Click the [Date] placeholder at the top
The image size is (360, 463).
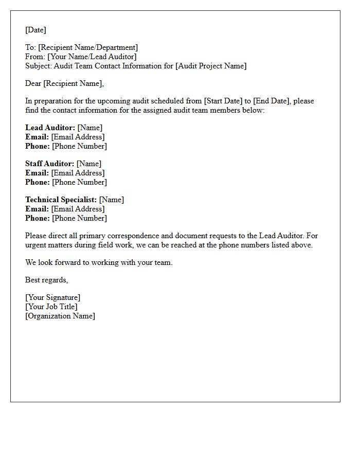(x=35, y=30)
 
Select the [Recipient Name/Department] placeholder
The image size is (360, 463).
(x=88, y=47)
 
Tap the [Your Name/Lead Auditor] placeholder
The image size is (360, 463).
(x=92, y=57)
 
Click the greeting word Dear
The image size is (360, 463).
(x=33, y=83)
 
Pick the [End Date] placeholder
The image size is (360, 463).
(x=271, y=101)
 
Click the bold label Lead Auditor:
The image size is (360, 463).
(x=50, y=128)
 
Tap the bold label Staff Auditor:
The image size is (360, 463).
(x=49, y=164)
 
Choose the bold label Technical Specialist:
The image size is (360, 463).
(x=61, y=200)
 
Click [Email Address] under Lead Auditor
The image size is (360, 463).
(x=78, y=137)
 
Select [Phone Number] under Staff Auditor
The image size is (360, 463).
(x=80, y=182)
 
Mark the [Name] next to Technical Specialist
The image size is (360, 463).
(x=112, y=200)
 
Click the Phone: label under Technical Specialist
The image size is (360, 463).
(x=38, y=218)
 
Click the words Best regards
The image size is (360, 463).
(x=46, y=280)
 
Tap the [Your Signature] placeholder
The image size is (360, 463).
(x=52, y=297)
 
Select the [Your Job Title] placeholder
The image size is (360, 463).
(x=51, y=307)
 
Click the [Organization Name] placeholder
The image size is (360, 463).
(x=60, y=316)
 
